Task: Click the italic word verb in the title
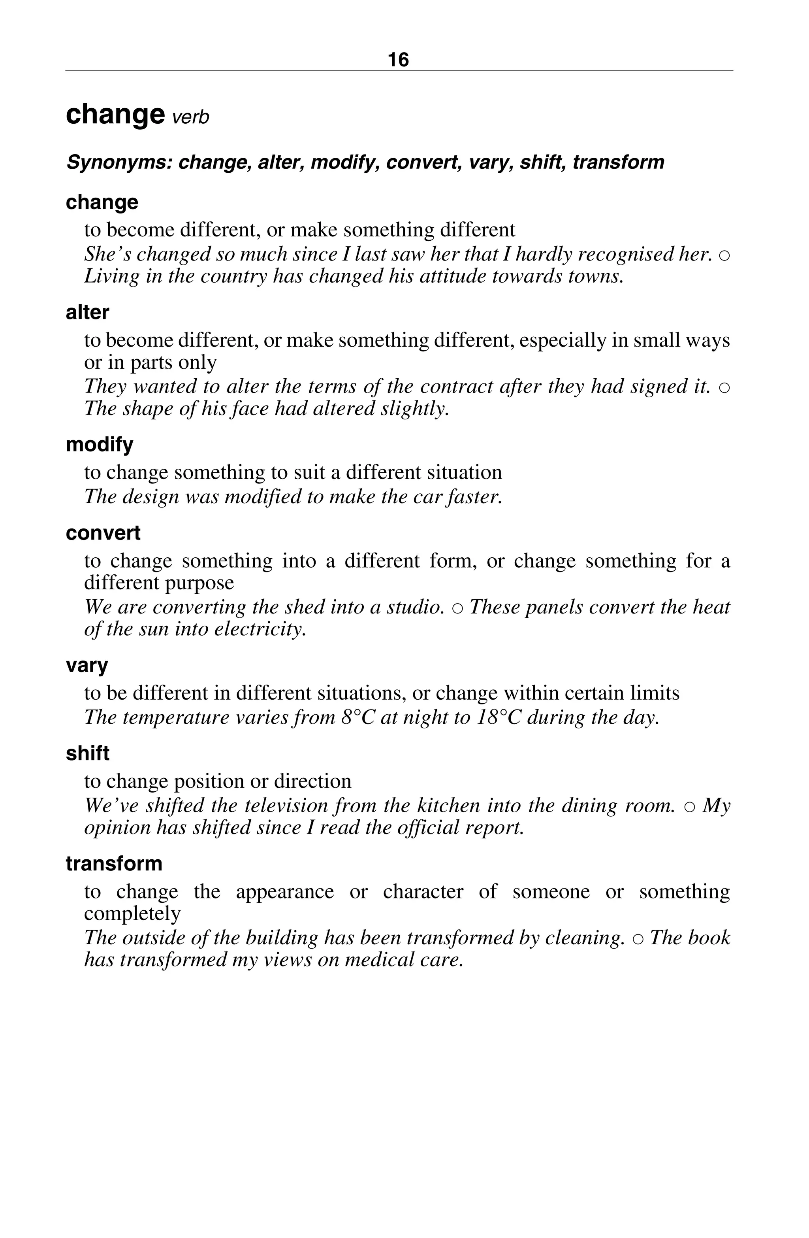[x=190, y=117]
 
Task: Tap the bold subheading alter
[x=87, y=313]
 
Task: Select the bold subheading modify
[x=99, y=445]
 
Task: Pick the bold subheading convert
[x=103, y=533]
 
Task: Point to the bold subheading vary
[x=87, y=665]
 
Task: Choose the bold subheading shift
[x=87, y=754]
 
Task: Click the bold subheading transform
[x=114, y=864]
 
